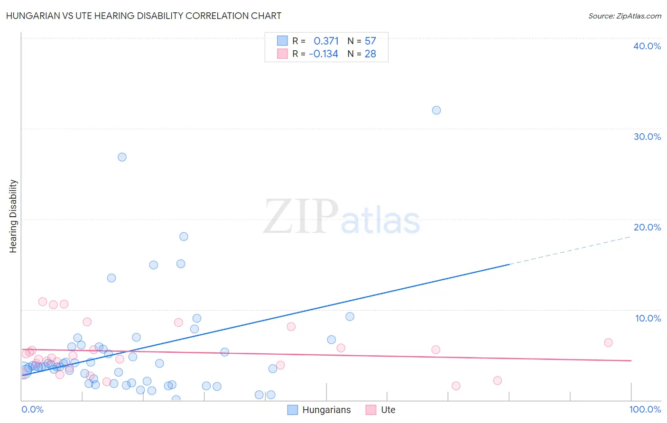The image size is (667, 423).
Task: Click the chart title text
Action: coord(144,16)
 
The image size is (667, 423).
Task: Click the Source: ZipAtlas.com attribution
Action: coord(624,16)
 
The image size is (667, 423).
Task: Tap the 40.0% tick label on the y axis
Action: coord(647,46)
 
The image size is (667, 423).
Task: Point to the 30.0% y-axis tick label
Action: coord(647,137)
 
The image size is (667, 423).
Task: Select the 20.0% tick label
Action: coord(647,227)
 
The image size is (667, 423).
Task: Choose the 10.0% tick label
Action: coord(648,318)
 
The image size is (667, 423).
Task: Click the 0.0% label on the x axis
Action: coord(32,409)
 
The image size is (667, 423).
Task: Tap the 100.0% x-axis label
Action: coord(645,409)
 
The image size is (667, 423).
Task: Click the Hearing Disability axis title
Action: coord(13,216)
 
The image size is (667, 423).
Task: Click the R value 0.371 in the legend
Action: coord(326,41)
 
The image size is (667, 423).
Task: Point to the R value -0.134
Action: coord(324,54)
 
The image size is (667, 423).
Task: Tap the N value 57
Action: coord(370,41)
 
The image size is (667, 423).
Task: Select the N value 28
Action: coord(370,54)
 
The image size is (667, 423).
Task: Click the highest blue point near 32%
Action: coord(436,110)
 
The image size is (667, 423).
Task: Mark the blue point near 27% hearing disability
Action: coord(122,157)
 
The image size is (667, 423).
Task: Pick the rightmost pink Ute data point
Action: coord(608,342)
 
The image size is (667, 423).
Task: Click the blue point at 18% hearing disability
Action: coord(184,236)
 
